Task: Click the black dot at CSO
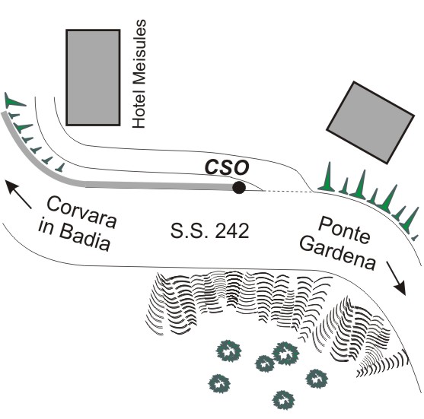point(239,188)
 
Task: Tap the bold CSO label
point(227,168)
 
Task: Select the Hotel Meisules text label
point(139,74)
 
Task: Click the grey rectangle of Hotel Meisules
point(94,78)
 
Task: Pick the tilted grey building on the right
point(370,122)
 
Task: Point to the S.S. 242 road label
point(209,231)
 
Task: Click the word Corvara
point(81,212)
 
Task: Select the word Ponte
point(343,230)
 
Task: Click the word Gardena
point(338,252)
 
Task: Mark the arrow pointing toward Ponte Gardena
point(396,278)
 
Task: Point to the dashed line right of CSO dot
point(288,192)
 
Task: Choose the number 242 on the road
point(232,231)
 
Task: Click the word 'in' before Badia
point(46,227)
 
